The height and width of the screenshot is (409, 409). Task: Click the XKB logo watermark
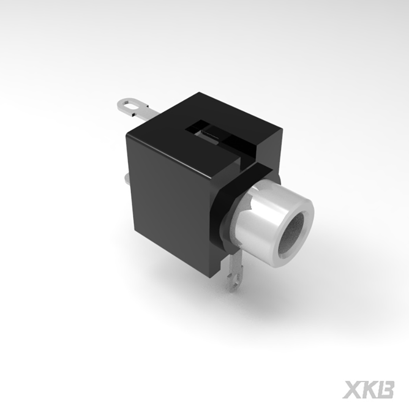[x=368, y=389]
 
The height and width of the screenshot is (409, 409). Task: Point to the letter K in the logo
[x=369, y=389]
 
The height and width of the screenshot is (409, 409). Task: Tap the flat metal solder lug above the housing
[x=136, y=107]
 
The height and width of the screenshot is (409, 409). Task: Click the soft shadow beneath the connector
[x=273, y=309]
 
